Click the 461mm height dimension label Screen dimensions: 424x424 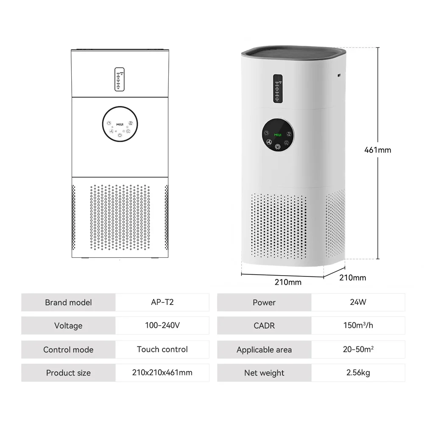(x=378, y=150)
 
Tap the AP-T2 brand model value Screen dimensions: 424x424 (x=162, y=302)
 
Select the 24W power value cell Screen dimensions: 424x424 (x=358, y=302)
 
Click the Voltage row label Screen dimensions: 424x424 (x=68, y=326)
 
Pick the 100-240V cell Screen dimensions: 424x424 (x=162, y=326)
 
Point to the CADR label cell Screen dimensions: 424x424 (x=264, y=326)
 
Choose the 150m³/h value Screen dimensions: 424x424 (x=358, y=326)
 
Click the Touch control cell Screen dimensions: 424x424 (x=162, y=349)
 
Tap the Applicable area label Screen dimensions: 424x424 (x=264, y=350)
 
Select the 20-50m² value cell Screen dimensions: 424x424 (x=358, y=349)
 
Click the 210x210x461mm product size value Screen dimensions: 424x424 (x=162, y=373)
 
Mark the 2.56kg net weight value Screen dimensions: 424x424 (x=358, y=373)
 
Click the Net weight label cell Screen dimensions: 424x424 (x=264, y=373)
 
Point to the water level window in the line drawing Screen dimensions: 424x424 (x=120, y=79)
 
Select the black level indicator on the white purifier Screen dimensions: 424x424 (x=278, y=89)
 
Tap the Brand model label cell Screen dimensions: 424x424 (x=68, y=302)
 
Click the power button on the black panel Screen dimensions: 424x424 (x=277, y=147)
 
